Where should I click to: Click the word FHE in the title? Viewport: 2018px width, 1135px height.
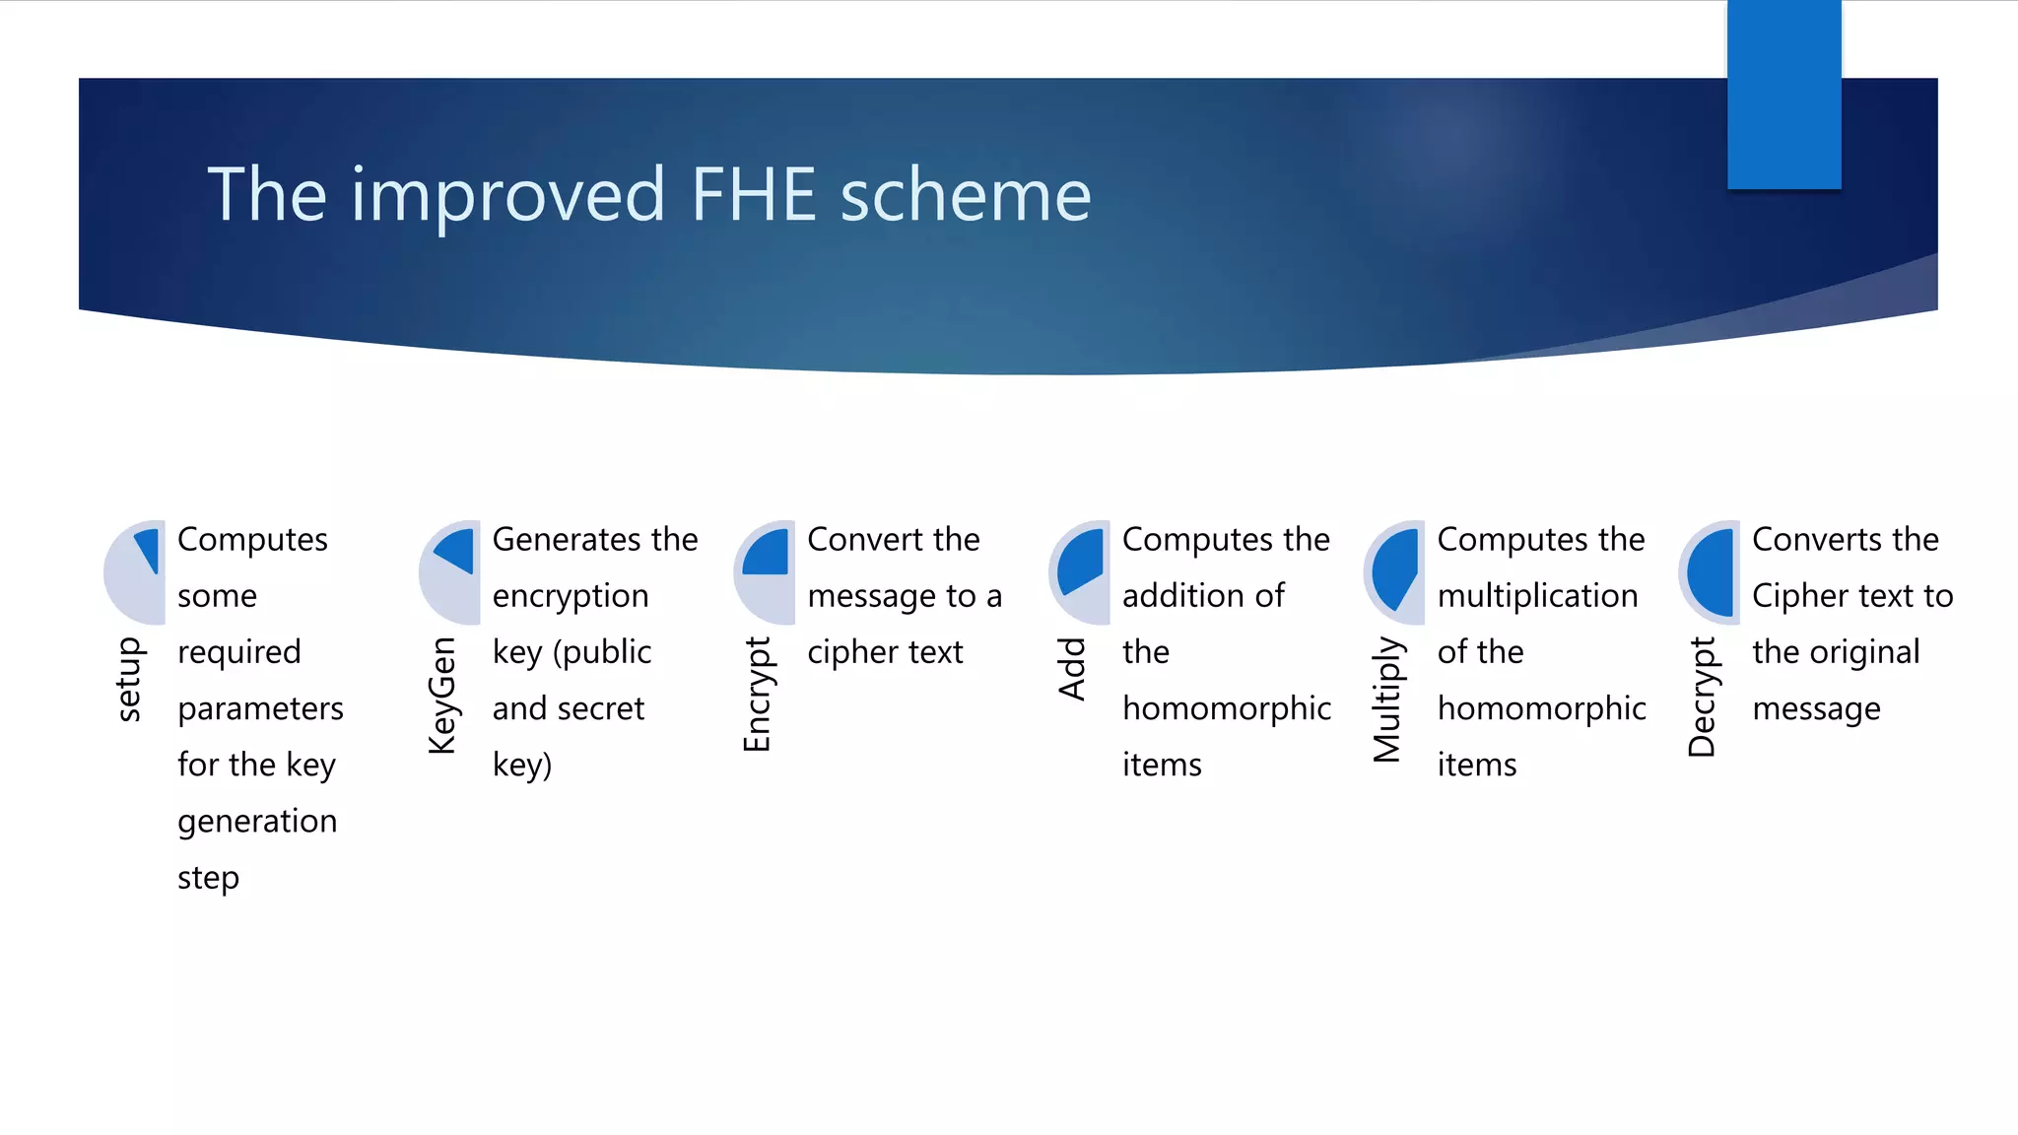click(x=754, y=194)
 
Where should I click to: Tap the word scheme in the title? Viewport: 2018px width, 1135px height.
click(x=966, y=194)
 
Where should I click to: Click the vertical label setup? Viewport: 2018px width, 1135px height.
click(x=129, y=680)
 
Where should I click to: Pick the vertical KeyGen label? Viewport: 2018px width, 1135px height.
click(x=443, y=696)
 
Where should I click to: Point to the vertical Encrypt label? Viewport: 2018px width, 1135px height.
click(x=758, y=695)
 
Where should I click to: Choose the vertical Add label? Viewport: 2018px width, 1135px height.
click(x=1072, y=669)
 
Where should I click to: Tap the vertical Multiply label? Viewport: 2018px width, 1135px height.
click(x=1387, y=700)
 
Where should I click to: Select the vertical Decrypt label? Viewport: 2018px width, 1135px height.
click(x=1702, y=697)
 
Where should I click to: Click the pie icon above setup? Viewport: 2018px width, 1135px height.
click(x=135, y=571)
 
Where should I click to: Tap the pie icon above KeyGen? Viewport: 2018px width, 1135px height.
click(x=450, y=571)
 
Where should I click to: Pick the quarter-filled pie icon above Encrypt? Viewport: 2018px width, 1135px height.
click(x=765, y=571)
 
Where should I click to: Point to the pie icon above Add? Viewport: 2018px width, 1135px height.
click(x=1080, y=571)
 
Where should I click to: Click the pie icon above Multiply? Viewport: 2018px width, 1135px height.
click(x=1394, y=571)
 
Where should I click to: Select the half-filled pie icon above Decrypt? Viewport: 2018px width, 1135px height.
click(x=1710, y=571)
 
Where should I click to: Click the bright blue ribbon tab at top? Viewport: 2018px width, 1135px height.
click(x=1783, y=95)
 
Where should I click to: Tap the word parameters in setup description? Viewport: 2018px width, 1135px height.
click(x=260, y=709)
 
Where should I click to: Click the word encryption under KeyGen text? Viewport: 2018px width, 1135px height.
click(x=571, y=597)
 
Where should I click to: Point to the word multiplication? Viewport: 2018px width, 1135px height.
click(x=1537, y=596)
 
